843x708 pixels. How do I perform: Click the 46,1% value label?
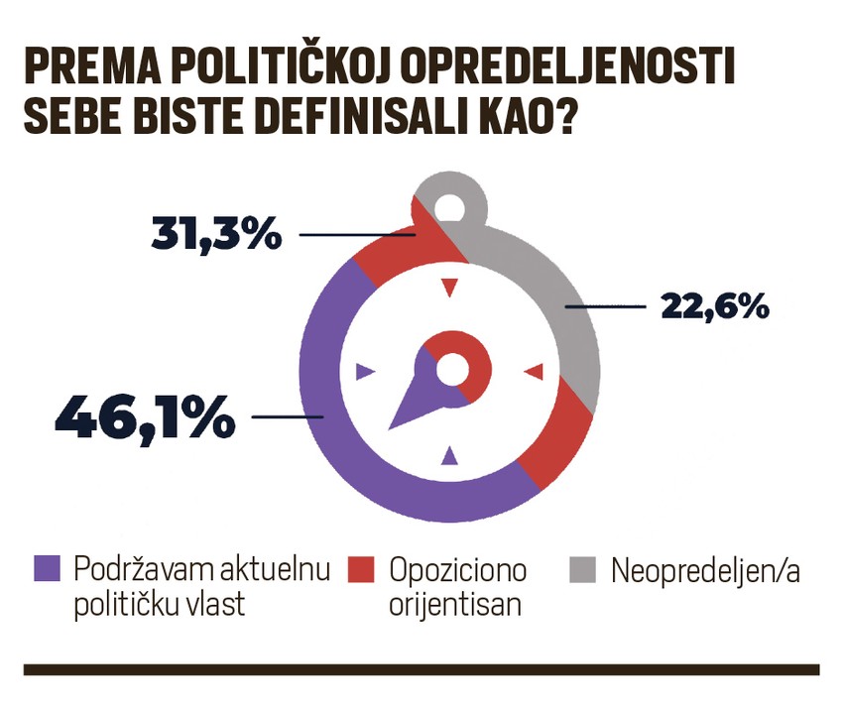coord(145,417)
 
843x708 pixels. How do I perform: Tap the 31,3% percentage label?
coord(217,234)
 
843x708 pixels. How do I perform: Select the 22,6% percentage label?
coord(715,306)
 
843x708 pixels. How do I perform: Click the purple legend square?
coord(47,569)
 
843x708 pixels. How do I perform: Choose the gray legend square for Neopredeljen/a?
coord(582,569)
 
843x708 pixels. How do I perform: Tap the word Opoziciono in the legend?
coord(458,571)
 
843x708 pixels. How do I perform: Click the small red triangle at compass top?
coord(450,288)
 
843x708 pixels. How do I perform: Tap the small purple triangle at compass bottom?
coord(450,456)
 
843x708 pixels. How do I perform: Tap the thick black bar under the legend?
coord(421,669)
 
